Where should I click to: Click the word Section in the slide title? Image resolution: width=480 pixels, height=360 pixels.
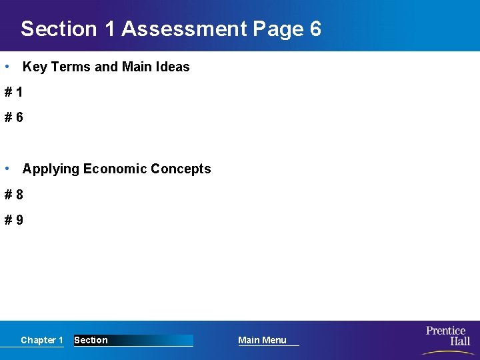59,29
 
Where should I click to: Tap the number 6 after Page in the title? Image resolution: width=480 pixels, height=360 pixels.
315,29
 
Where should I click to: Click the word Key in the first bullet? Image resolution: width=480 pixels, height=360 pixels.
34,67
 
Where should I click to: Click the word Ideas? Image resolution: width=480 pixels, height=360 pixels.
173,67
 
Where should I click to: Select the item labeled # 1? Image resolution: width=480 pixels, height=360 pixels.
14,93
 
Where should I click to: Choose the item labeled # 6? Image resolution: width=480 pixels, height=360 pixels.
14,117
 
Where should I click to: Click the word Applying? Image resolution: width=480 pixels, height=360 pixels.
51,169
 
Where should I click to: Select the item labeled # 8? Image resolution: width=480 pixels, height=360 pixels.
14,195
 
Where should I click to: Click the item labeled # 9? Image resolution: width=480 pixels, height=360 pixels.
14,219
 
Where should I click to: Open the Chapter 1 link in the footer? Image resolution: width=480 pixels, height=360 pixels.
41,340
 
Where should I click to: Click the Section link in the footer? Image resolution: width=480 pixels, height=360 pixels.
91,340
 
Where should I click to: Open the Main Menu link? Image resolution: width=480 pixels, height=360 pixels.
262,340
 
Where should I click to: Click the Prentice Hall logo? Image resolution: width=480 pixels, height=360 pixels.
447,339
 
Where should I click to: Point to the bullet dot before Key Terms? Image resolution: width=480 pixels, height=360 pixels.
6,67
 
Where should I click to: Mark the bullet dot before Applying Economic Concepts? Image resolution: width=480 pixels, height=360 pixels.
6,169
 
